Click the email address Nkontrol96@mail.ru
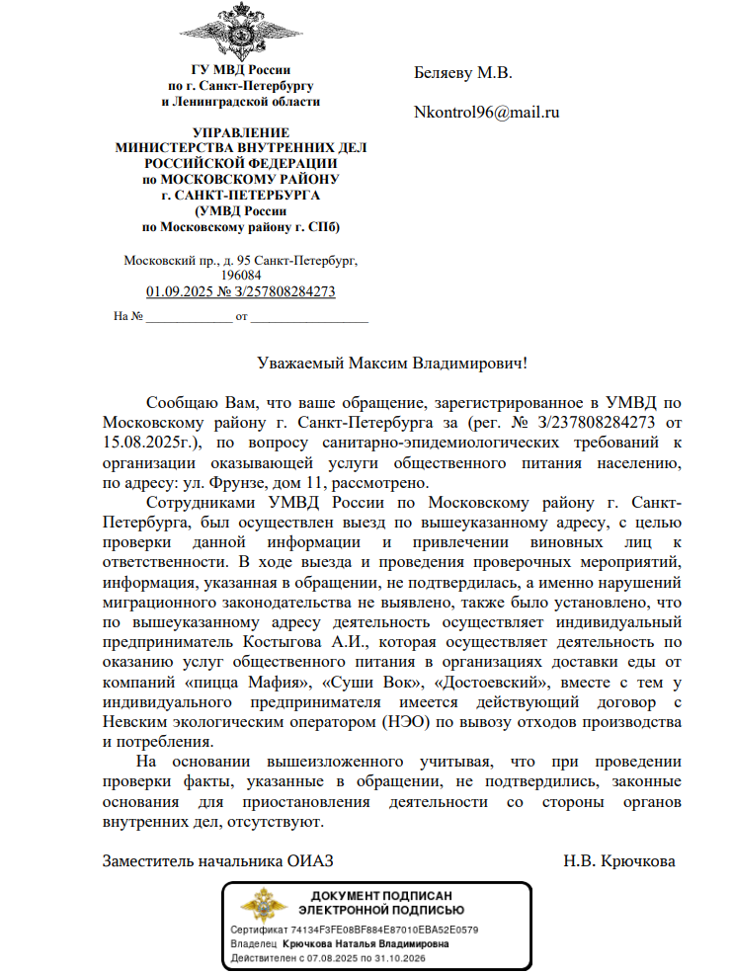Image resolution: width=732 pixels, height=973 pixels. point(487,113)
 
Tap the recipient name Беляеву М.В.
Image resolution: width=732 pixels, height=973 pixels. point(462,73)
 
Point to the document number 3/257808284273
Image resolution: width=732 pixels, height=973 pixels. point(284,292)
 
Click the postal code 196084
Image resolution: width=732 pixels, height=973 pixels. point(241,276)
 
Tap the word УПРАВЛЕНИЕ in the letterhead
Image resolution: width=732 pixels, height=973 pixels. point(241,133)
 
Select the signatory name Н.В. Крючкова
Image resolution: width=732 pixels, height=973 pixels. point(619,861)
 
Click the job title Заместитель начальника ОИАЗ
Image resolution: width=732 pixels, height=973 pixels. point(225,861)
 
